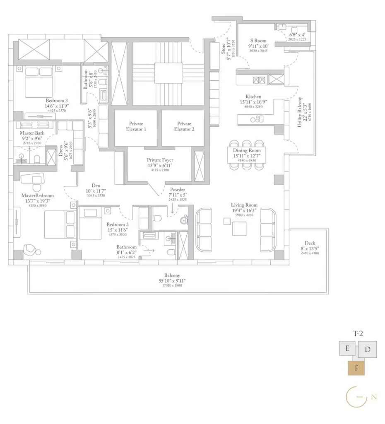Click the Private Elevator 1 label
(x=136, y=126)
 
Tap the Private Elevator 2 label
(x=184, y=126)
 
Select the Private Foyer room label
(x=160, y=160)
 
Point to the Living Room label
(x=244, y=205)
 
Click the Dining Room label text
(x=247, y=151)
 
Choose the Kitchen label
(x=253, y=96)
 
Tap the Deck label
(x=310, y=243)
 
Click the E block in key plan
(x=347, y=349)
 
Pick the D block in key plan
(x=368, y=349)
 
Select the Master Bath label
(x=32, y=133)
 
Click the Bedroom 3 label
(x=57, y=101)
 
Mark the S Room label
(x=258, y=41)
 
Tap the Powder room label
(x=177, y=189)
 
